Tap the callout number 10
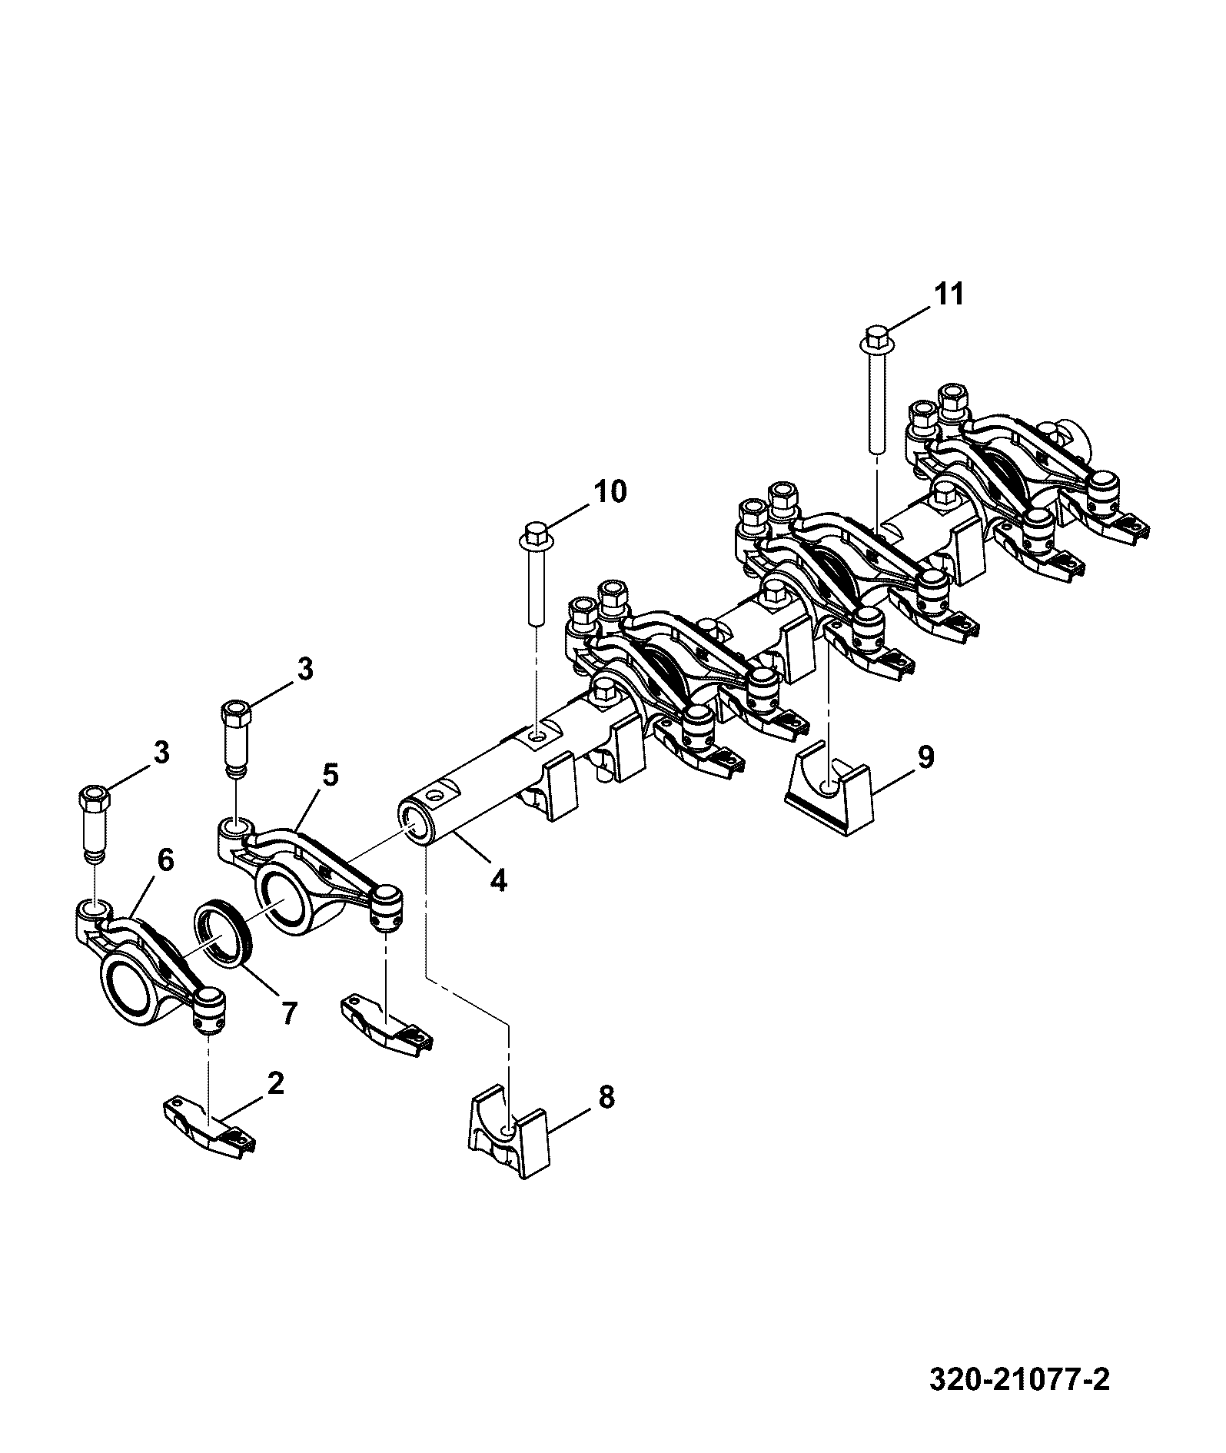610,491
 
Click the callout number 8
606,1098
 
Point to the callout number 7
288,1013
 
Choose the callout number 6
166,859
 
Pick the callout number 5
330,775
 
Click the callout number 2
275,1084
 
